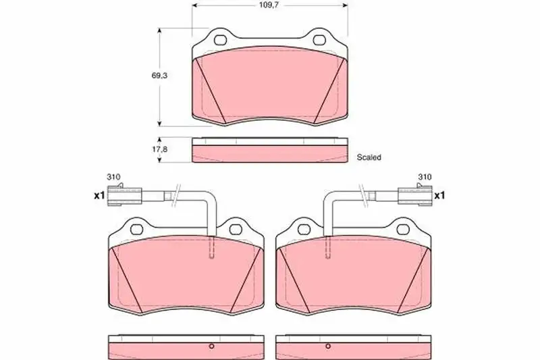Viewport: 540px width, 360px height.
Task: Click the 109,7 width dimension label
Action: (269, 5)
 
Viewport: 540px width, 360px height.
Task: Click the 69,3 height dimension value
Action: (159, 76)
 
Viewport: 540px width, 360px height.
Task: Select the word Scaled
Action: (369, 157)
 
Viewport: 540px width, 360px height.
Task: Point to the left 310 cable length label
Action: (113, 177)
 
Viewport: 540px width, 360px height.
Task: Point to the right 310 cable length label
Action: (425, 177)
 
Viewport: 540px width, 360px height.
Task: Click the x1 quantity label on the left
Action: (99, 196)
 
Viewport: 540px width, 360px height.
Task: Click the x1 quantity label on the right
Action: (439, 196)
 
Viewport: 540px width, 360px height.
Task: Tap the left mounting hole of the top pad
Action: (220, 40)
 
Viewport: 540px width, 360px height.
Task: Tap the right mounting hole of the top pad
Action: (319, 40)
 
